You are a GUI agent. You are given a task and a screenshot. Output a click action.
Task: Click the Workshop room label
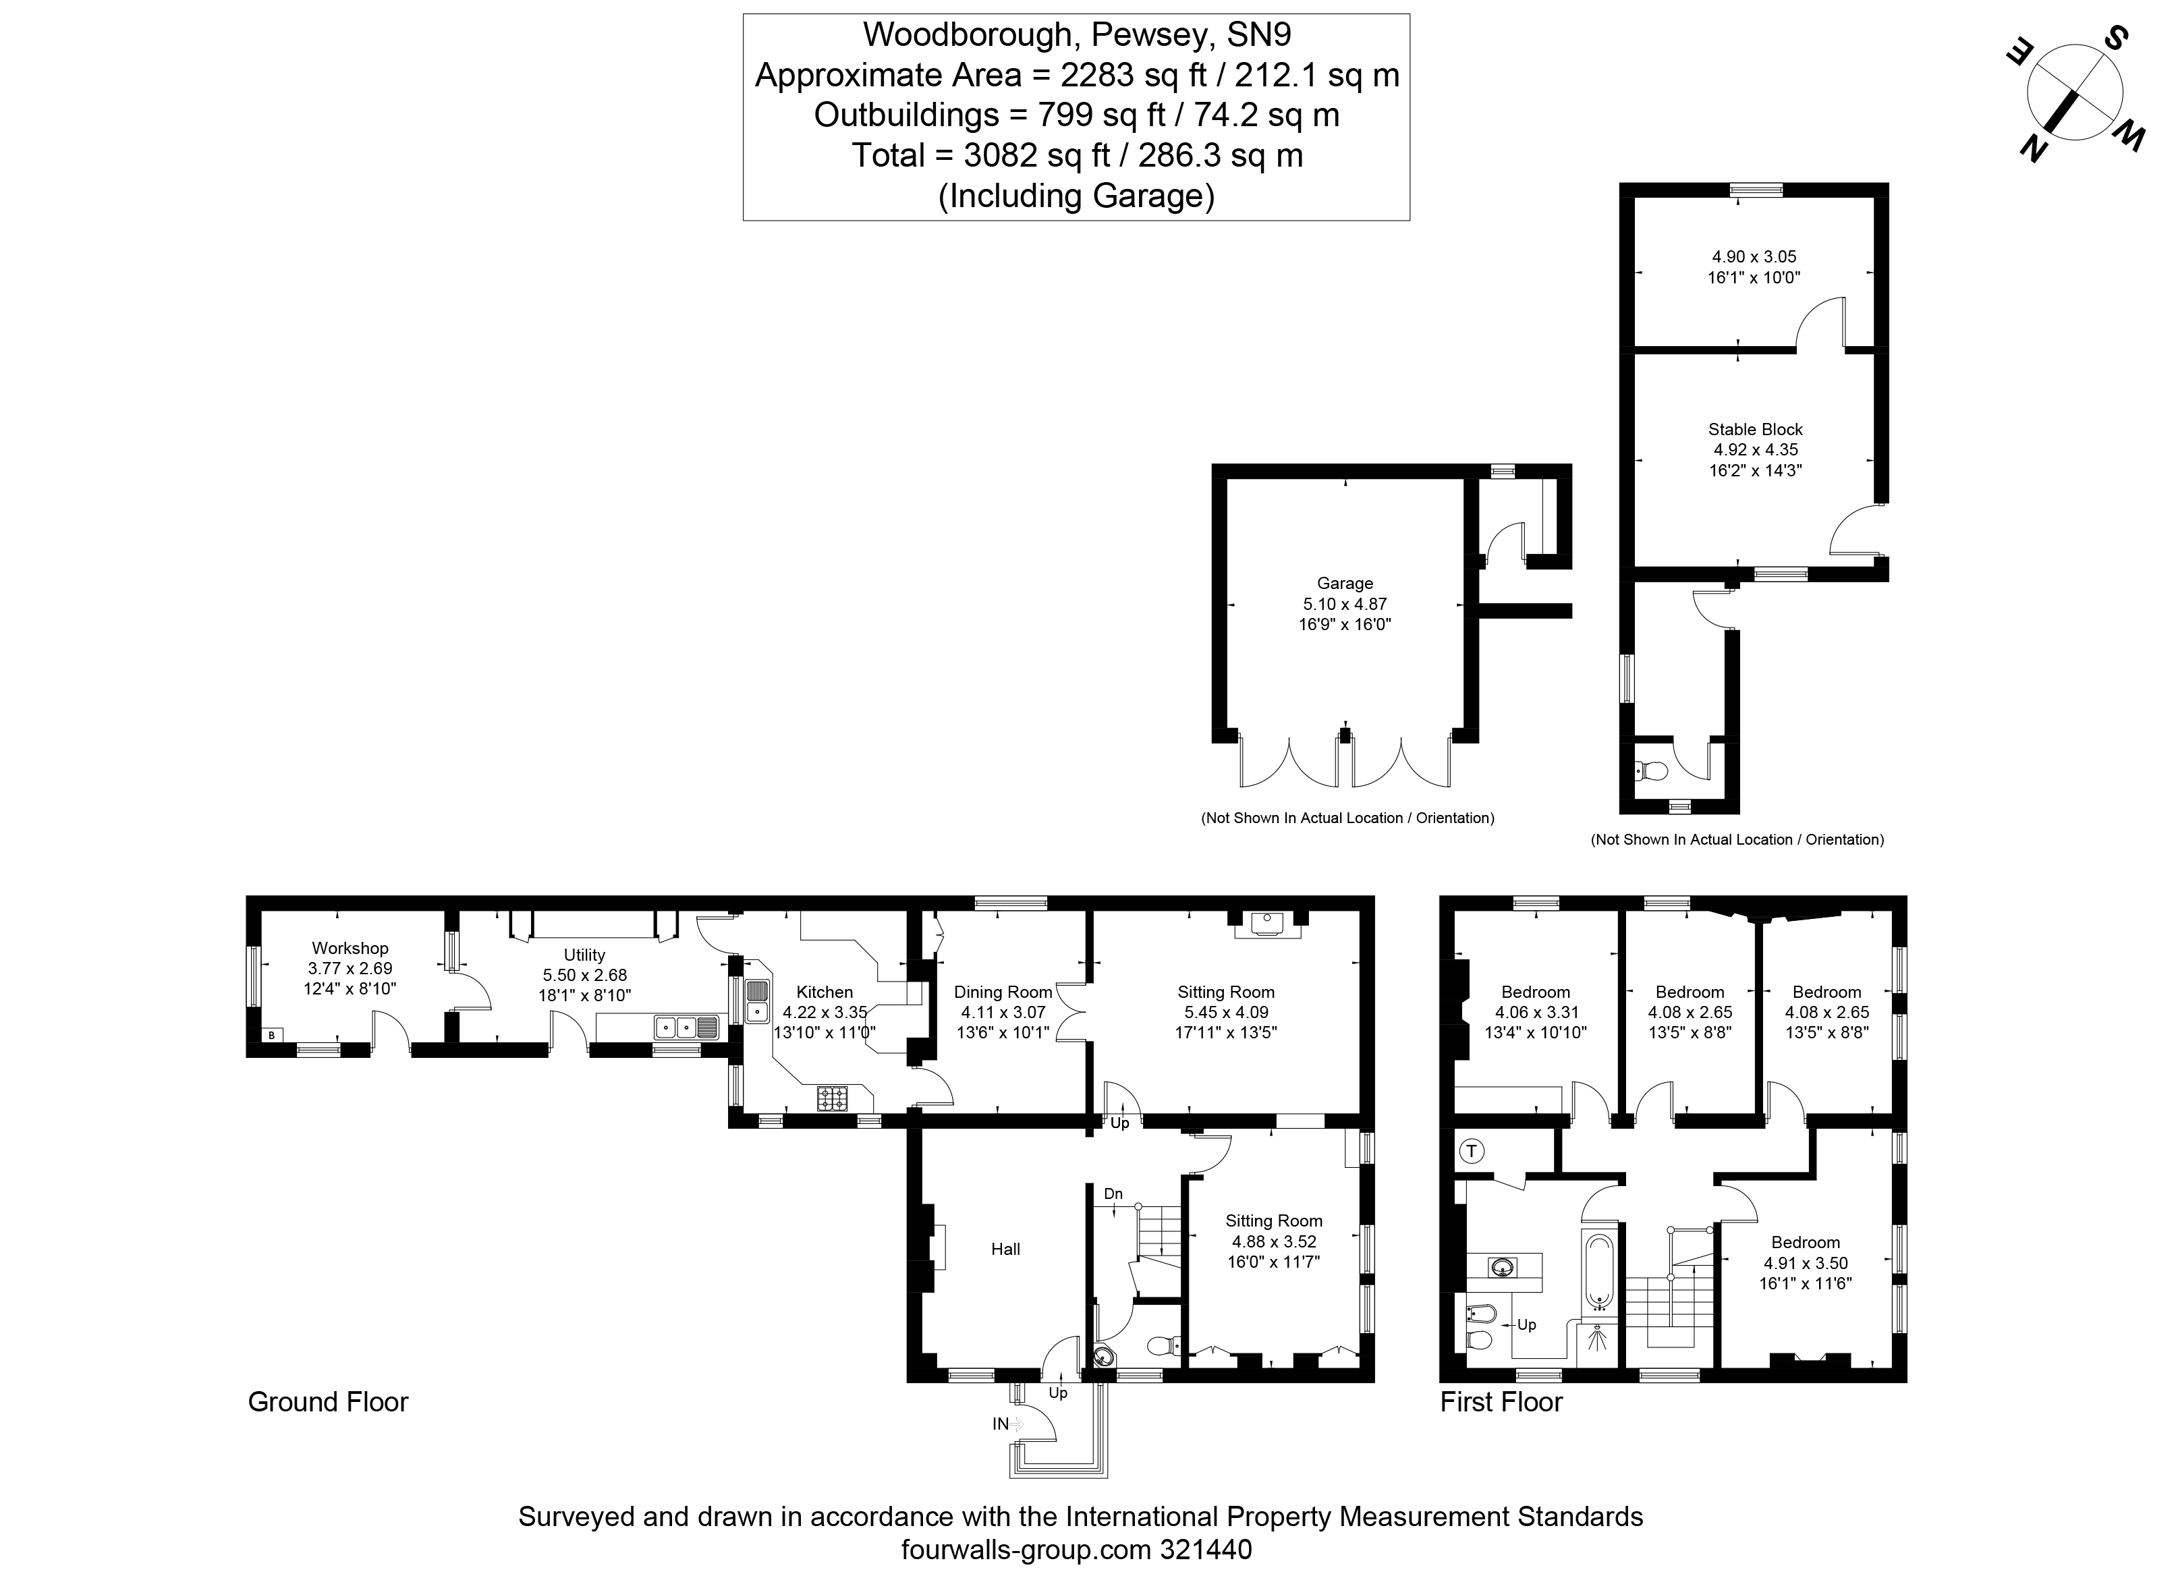(x=350, y=948)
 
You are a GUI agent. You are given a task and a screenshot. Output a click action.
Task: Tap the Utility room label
(x=585, y=955)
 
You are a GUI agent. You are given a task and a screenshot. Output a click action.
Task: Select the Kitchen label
(x=825, y=992)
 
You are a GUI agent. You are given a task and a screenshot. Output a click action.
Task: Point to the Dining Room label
(x=1003, y=992)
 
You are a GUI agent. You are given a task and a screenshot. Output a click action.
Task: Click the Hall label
(x=1005, y=1249)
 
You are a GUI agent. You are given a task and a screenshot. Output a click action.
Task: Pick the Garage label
(x=1345, y=583)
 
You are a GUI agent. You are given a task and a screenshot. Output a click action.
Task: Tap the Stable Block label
(x=1755, y=430)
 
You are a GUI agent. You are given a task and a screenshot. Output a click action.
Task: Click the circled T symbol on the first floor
(x=1472, y=1151)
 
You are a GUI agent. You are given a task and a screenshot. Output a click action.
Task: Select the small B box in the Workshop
(x=272, y=1035)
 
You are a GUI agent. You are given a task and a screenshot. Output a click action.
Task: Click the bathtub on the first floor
(x=1599, y=1272)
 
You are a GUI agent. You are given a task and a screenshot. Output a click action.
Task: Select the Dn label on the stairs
(x=1113, y=1194)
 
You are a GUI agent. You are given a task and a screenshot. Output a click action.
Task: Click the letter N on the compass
(x=2033, y=150)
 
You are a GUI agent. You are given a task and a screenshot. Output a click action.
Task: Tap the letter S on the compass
(x=2109, y=39)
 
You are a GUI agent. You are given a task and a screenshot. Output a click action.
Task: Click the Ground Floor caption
(x=328, y=1403)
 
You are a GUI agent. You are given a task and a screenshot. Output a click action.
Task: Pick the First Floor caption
(x=1501, y=1403)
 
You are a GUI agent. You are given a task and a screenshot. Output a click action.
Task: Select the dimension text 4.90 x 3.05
(x=1754, y=257)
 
